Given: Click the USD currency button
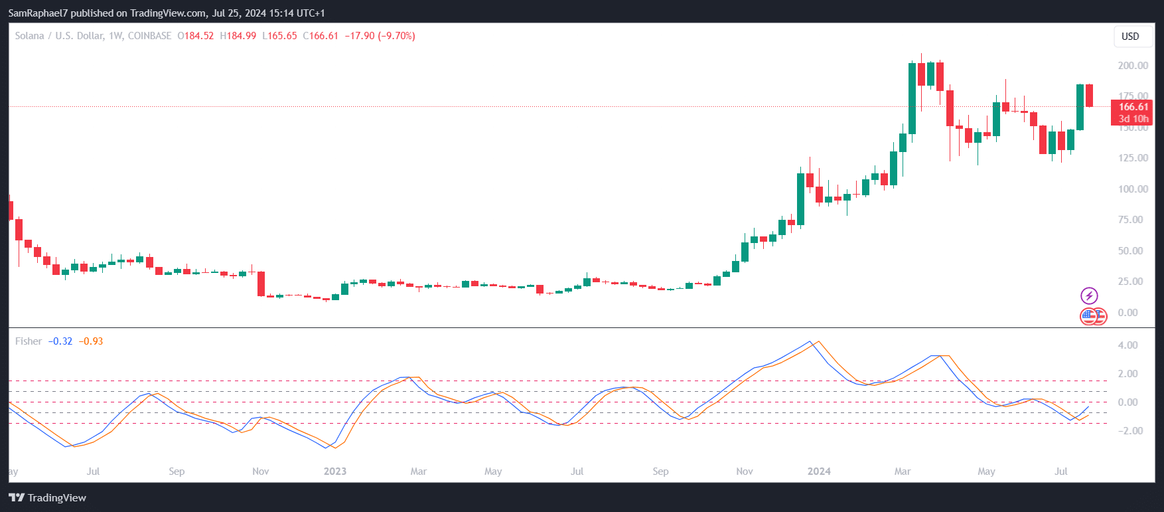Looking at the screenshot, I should (1130, 37).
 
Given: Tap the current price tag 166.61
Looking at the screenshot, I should (1133, 107).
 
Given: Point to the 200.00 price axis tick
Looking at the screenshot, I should (1133, 66).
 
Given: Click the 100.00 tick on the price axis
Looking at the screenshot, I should (1133, 189).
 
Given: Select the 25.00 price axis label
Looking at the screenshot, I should (1130, 282).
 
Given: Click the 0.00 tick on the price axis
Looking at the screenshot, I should (1128, 313).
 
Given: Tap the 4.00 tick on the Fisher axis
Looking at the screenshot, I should (1128, 345).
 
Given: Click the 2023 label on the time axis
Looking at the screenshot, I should (335, 471).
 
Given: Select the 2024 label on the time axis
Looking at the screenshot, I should (819, 471).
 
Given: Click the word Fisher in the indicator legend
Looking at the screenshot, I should (29, 341).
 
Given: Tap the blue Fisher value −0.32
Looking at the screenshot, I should (60, 341).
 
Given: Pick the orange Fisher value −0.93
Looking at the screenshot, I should (91, 341).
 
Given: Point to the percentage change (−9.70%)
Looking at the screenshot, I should (396, 36).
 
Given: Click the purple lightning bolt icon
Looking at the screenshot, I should (1089, 296).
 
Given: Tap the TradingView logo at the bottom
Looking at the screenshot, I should (48, 498).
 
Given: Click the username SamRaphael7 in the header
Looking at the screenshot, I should (38, 13).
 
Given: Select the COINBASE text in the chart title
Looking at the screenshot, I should (149, 36).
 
